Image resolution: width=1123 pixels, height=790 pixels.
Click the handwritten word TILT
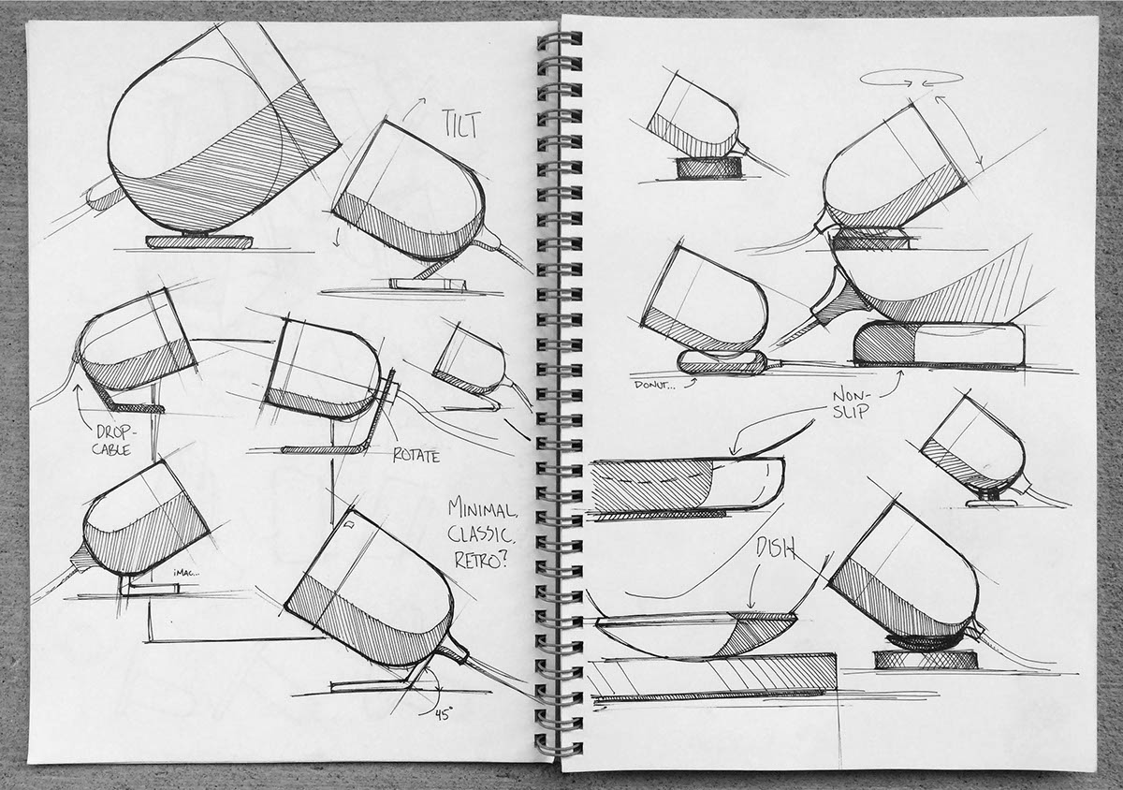pyautogui.click(x=461, y=124)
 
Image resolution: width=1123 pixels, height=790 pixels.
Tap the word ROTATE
pyautogui.click(x=416, y=456)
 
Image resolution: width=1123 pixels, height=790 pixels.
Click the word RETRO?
pyautogui.click(x=481, y=560)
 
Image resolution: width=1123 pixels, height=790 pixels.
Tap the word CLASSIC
pyautogui.click(x=480, y=535)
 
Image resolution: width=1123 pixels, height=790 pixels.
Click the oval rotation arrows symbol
pyautogui.click(x=911, y=78)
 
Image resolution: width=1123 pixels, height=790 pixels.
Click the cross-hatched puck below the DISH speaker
pyautogui.click(x=926, y=660)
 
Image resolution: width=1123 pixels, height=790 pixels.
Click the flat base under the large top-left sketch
pyautogui.click(x=199, y=241)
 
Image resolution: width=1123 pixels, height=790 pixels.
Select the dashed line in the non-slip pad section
pyautogui.click(x=659, y=478)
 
